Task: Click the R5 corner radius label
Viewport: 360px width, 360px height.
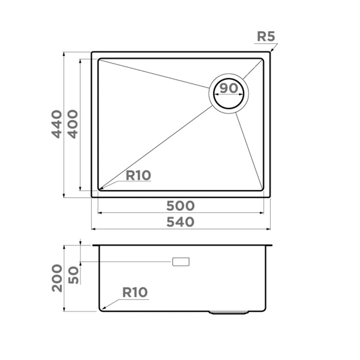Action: point(265,37)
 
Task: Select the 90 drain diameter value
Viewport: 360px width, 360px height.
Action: point(228,88)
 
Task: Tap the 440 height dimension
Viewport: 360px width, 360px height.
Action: point(56,124)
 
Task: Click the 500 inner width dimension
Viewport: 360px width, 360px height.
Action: point(181,205)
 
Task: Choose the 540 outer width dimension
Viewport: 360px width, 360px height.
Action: point(181,222)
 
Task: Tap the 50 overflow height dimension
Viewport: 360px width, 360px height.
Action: point(73,275)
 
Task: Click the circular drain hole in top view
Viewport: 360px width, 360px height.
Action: point(228,94)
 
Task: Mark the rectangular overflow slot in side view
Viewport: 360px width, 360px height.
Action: point(181,262)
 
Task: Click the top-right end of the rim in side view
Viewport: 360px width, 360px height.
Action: point(272,245)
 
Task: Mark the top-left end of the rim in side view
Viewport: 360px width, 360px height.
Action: point(93,245)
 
